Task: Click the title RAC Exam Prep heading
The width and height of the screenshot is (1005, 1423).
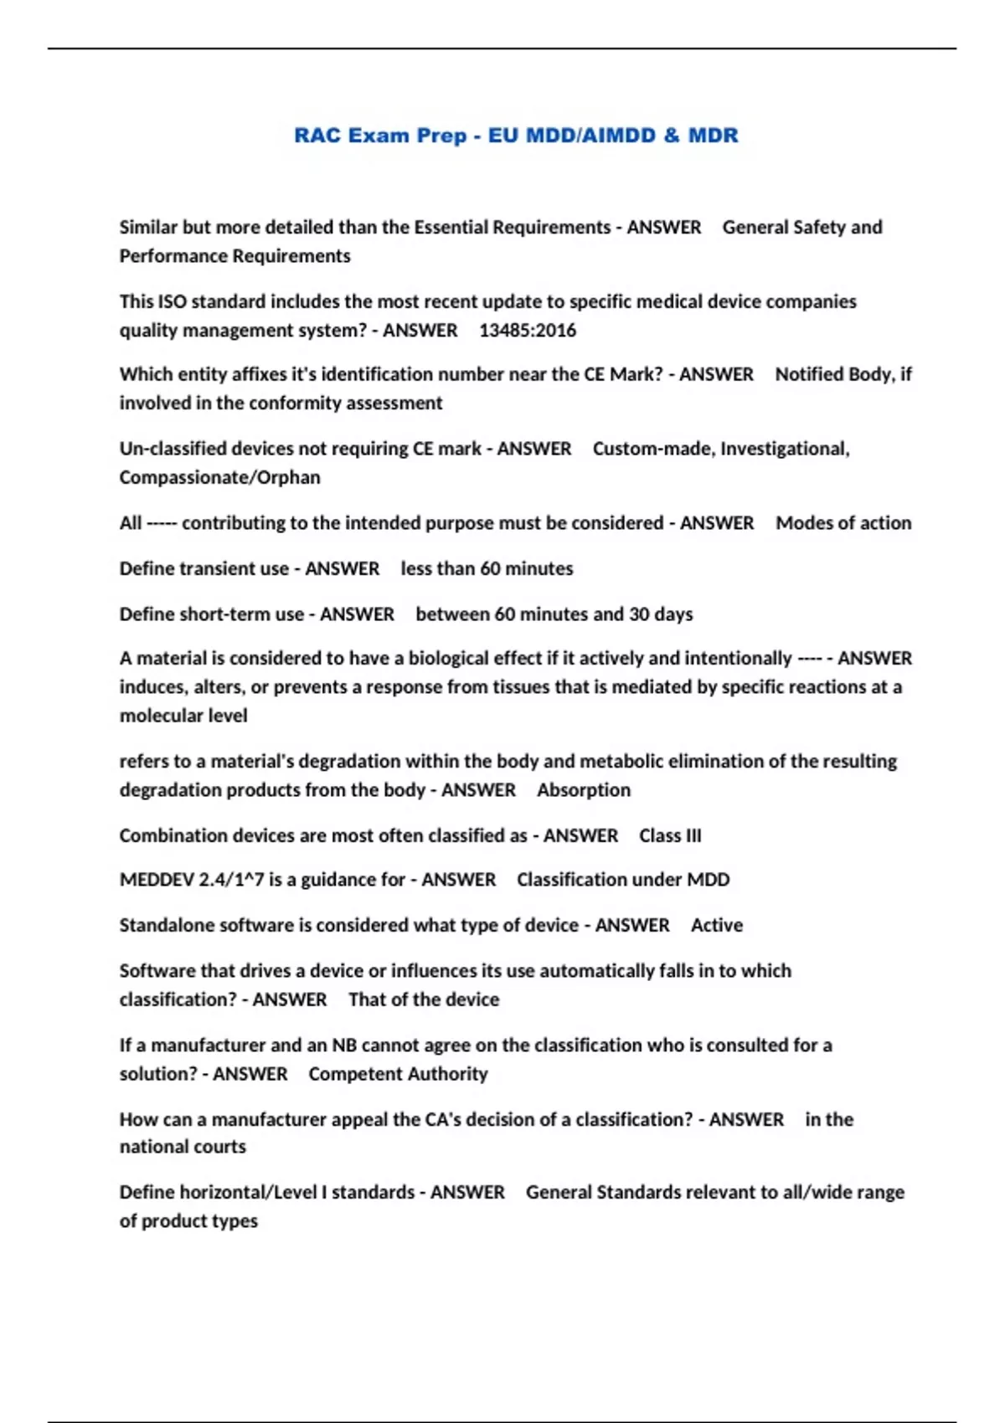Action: click(516, 136)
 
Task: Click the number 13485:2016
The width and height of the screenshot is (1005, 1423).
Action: click(528, 331)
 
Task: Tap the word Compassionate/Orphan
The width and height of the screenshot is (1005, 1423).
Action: click(219, 477)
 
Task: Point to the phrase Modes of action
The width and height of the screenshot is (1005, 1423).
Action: click(843, 523)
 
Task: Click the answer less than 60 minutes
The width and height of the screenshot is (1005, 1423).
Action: click(487, 569)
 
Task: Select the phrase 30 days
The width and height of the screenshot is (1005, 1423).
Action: click(661, 614)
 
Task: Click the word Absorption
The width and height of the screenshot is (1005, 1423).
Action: click(584, 790)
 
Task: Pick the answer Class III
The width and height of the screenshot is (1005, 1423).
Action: click(670, 835)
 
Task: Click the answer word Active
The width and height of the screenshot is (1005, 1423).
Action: click(717, 925)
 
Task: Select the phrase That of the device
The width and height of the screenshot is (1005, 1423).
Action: click(424, 999)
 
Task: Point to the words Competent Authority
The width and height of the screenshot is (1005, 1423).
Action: click(398, 1074)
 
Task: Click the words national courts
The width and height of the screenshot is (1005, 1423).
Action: click(183, 1147)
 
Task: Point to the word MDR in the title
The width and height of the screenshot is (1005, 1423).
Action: click(713, 136)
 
